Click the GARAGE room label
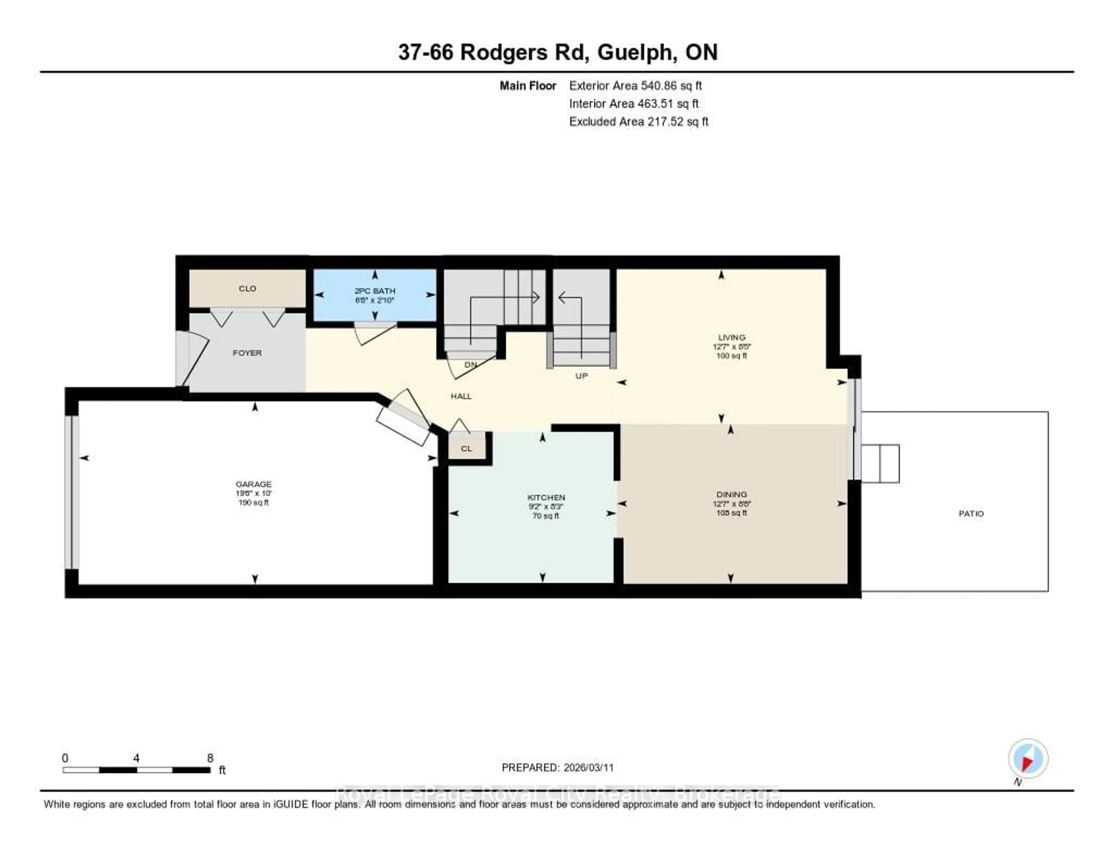click(x=254, y=484)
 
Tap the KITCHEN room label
click(x=546, y=497)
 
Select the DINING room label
click(x=731, y=494)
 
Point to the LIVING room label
click(x=731, y=337)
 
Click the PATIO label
click(x=971, y=513)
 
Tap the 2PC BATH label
click(x=375, y=291)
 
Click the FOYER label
click(x=247, y=353)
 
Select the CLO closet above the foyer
click(x=247, y=289)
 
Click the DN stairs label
click(x=470, y=364)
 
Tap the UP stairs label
click(x=581, y=376)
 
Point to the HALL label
click(x=461, y=396)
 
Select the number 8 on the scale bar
click(x=210, y=758)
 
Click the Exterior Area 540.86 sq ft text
click(x=635, y=86)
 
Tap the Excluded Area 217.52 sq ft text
click(x=639, y=121)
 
